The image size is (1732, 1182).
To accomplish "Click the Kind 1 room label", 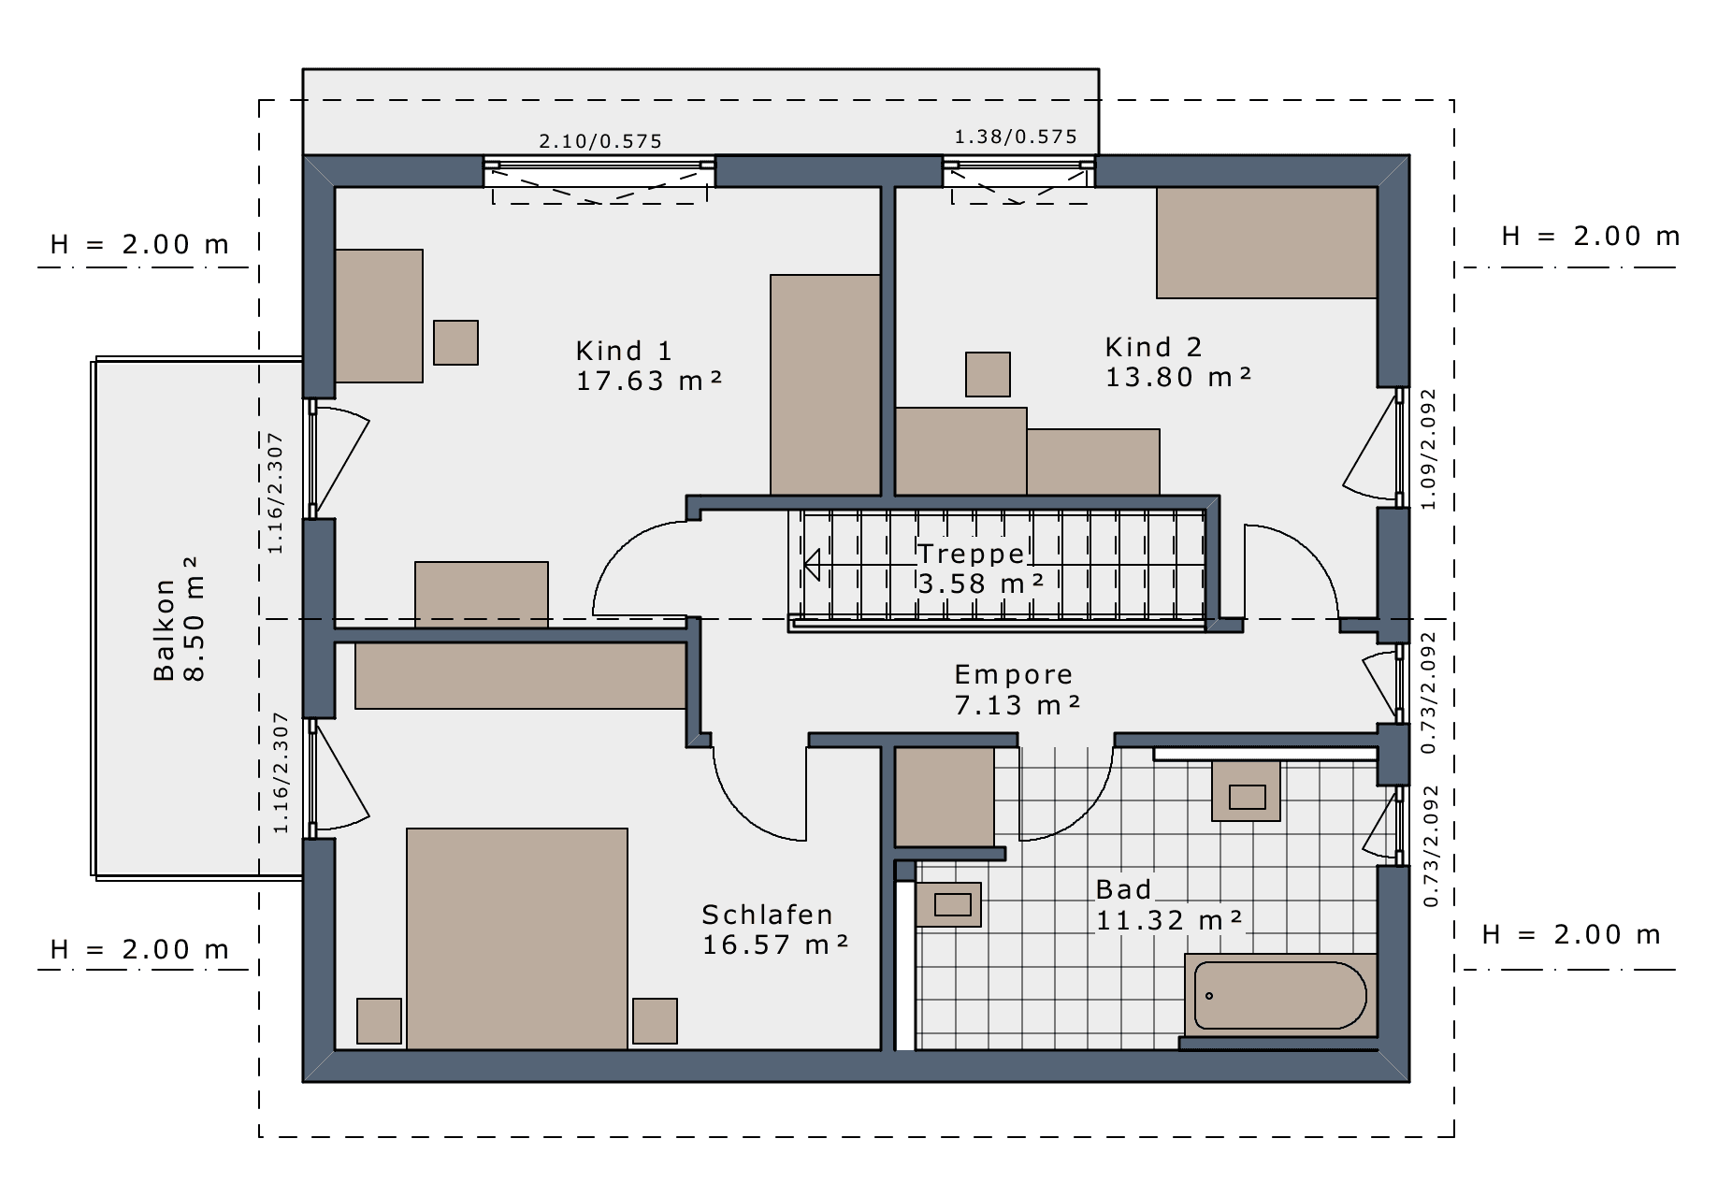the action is point(624,351).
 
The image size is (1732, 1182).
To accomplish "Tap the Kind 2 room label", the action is point(1153,347).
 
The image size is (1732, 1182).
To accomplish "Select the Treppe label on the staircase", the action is point(972,554).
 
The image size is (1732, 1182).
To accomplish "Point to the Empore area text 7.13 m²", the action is point(1018,705).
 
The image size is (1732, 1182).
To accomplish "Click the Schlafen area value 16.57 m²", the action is point(775,944).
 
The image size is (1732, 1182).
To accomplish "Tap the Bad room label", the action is point(1123,889).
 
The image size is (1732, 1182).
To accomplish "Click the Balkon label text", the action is point(165,629).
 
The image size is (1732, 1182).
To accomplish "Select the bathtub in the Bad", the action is point(1280,996).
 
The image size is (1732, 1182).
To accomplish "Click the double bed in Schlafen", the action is point(517,939).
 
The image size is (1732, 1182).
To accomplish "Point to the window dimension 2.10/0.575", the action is point(600,141).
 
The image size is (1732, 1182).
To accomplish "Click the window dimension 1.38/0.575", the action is point(1016,137).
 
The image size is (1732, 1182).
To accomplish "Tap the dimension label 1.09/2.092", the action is point(1427,450).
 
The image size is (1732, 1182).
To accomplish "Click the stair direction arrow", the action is point(812,565).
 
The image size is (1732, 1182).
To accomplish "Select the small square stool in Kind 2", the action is point(988,374).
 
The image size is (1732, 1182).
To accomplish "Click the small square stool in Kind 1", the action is point(455,342).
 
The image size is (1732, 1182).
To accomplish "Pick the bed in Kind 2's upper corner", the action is point(1266,242).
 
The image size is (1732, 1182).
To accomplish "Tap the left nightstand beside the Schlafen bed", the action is point(379,1021).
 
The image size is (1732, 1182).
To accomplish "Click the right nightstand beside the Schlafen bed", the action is point(655,1021).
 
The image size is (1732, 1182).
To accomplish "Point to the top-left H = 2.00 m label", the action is point(139,245).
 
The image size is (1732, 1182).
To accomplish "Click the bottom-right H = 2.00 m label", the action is point(1571,934).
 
